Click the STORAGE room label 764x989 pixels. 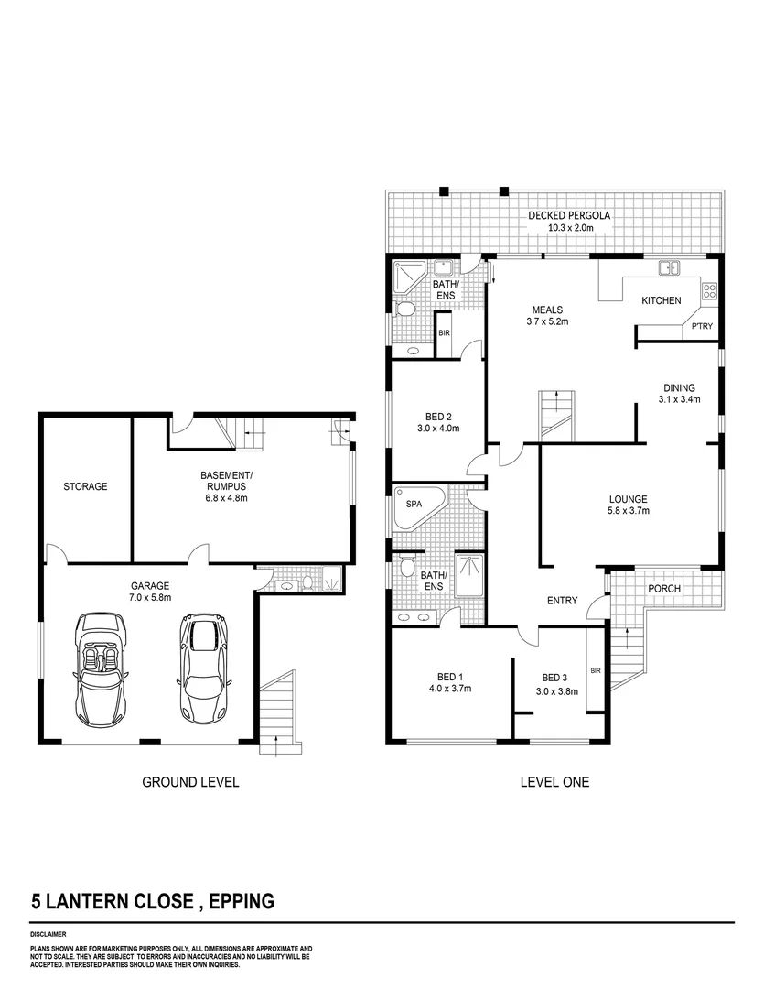(85, 486)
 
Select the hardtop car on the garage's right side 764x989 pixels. (201, 668)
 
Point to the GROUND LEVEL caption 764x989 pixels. (190, 782)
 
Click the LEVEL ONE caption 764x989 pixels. (554, 782)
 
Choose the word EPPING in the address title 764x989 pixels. (242, 901)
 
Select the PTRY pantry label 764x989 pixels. (703, 327)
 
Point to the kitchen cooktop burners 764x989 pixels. (709, 291)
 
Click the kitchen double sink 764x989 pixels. (669, 268)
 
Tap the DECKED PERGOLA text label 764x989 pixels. (568, 216)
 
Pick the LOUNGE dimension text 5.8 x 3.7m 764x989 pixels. (629, 512)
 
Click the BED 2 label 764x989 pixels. (435, 416)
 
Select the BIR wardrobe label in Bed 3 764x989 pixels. (596, 671)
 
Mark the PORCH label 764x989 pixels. (664, 588)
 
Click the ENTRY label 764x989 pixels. (562, 601)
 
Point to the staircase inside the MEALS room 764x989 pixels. (554, 415)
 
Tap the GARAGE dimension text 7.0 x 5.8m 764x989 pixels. (149, 597)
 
